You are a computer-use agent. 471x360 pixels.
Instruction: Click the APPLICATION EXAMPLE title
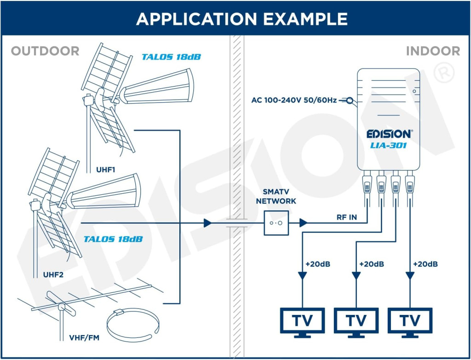click(242, 19)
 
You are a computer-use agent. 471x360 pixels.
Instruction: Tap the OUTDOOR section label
click(45, 51)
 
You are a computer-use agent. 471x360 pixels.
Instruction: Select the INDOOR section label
click(433, 51)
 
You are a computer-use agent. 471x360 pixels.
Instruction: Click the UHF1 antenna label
click(106, 170)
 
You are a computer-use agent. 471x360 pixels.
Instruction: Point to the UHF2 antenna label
click(53, 274)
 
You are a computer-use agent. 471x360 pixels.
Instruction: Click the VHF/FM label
click(84, 338)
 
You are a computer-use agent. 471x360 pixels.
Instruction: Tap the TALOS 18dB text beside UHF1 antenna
click(171, 57)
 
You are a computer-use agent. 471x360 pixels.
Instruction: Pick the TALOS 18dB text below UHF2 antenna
click(113, 239)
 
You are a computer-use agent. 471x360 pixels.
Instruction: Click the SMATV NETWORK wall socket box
click(276, 223)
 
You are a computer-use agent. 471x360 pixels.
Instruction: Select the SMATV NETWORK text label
click(276, 197)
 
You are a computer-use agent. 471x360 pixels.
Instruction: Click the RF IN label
click(347, 217)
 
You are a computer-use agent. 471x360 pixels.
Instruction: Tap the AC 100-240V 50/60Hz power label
click(294, 100)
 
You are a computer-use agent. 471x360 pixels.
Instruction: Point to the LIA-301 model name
click(388, 145)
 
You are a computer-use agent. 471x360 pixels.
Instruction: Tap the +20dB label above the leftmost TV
click(318, 264)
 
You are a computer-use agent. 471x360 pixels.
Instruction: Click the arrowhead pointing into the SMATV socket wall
click(207, 223)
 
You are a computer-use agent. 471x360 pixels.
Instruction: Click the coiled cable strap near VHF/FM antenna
click(133, 326)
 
